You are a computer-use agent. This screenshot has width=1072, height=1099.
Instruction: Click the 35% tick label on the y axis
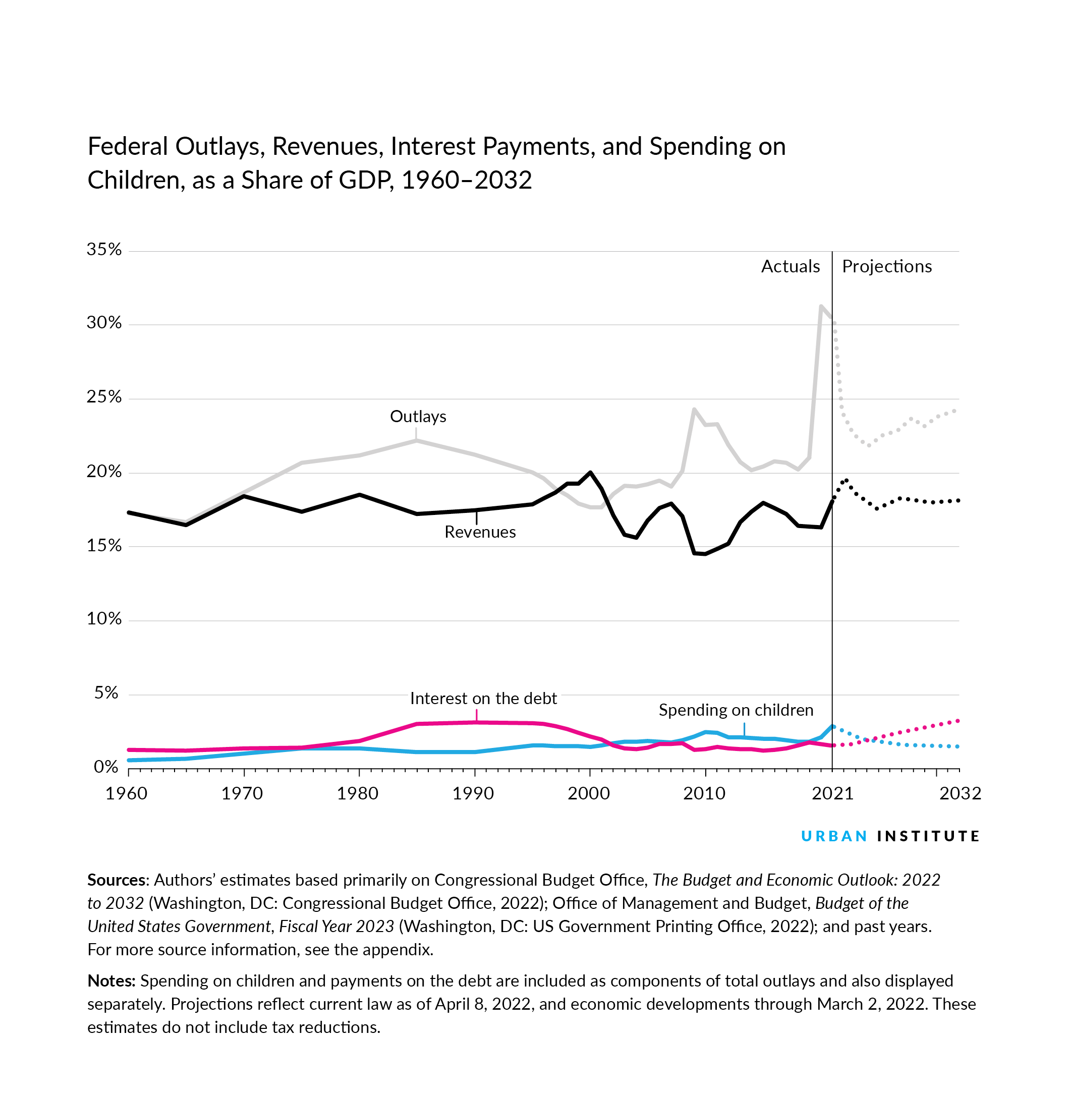click(104, 250)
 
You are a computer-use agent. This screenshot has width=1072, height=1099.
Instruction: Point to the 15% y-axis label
click(104, 545)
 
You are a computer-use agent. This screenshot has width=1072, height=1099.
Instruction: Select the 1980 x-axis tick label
click(358, 793)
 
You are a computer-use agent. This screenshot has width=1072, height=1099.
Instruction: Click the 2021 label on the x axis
click(832, 793)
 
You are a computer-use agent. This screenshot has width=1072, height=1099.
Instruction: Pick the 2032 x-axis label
click(960, 793)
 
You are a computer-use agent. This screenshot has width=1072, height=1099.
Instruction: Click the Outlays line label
click(418, 417)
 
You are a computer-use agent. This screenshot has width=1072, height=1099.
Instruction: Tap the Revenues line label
click(480, 532)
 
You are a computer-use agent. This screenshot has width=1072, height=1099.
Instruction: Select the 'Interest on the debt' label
click(483, 699)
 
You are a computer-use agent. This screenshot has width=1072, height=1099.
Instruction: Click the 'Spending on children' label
click(736, 710)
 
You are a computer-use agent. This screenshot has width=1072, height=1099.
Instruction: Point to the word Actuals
click(790, 266)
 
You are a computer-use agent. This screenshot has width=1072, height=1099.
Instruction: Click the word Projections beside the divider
click(886, 266)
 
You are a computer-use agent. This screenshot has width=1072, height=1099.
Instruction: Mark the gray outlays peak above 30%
click(821, 307)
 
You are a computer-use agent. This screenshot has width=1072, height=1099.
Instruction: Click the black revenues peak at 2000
click(590, 473)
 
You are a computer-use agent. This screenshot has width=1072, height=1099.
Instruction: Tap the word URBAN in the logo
click(834, 836)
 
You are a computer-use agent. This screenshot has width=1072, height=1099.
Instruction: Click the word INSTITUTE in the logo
click(928, 836)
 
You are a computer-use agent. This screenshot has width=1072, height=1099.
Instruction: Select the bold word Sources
click(117, 880)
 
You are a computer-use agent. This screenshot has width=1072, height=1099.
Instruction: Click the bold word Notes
click(111, 981)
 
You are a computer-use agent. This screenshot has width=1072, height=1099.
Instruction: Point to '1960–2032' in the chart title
click(466, 181)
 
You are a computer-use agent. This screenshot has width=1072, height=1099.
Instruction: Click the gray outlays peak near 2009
click(694, 410)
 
